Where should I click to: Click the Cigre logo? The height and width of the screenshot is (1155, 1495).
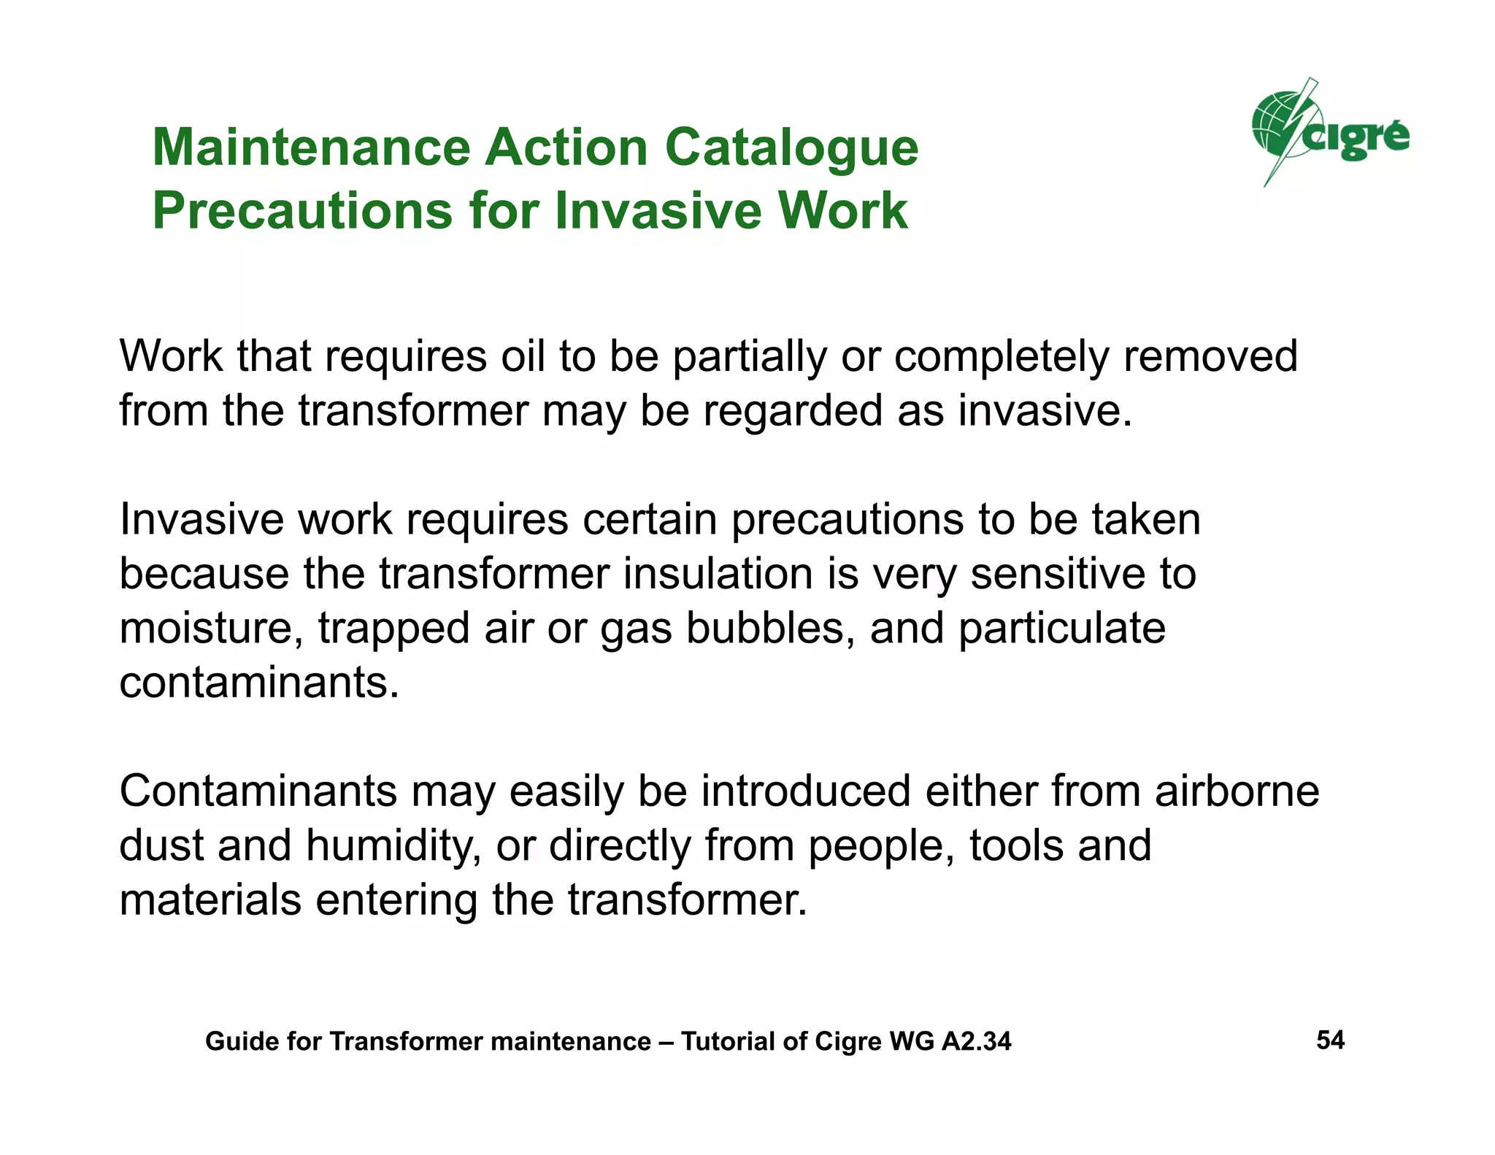[1329, 134]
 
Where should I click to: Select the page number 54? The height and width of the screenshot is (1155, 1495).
[1330, 1040]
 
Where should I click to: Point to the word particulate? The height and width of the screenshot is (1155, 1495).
[1061, 629]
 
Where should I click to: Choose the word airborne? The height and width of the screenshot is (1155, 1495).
[1237, 791]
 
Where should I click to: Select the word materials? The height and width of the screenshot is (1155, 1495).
[210, 900]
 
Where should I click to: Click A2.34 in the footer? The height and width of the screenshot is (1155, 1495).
[977, 1041]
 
